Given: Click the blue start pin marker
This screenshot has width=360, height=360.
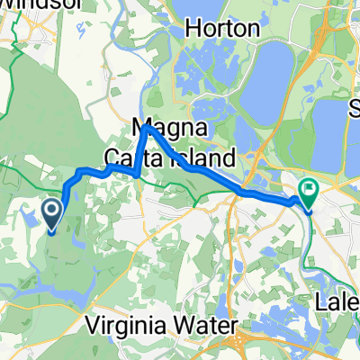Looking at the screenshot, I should tap(51, 213).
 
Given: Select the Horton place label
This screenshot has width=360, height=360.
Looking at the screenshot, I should tap(222, 29).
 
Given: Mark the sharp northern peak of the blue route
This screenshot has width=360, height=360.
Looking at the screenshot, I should tap(146, 127).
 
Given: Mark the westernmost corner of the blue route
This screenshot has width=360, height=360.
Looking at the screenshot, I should tap(65, 187).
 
